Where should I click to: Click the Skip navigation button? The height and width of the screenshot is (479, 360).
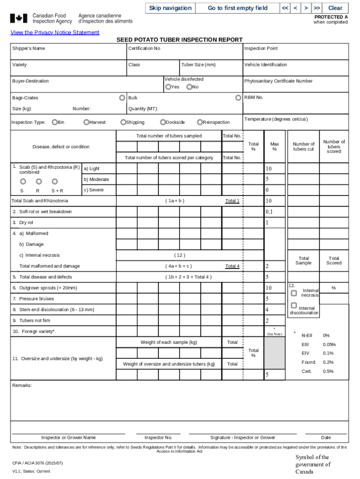170,8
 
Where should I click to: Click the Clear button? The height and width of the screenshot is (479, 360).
335,8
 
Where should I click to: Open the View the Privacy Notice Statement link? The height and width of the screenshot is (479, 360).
55,32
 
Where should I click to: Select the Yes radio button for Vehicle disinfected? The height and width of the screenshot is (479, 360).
168,87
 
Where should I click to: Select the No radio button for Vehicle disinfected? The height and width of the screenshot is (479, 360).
189,87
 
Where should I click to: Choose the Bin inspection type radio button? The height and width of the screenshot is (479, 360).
55,123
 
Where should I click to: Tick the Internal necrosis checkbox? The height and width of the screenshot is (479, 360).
294,293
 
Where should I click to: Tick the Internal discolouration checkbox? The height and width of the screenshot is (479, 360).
294,305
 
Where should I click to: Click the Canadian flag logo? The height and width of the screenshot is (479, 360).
19,19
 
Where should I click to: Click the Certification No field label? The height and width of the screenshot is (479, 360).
144,49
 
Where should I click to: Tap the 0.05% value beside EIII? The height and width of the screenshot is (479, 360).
329,345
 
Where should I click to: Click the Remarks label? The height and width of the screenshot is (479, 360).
22,385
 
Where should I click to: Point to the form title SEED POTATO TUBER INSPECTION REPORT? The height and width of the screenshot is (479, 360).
180,40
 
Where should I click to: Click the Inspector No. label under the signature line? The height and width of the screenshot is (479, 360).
158,438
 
